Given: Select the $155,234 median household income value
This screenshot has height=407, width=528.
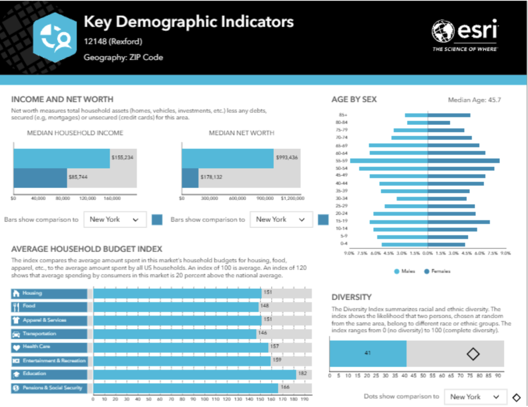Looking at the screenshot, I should click(122, 157).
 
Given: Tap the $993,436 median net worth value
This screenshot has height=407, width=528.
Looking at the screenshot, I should click(287, 157).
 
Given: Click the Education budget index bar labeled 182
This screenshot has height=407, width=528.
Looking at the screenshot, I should click(194, 373).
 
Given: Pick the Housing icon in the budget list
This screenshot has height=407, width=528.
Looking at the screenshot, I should click(16, 293).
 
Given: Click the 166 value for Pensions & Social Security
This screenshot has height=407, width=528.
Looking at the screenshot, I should click(285, 387).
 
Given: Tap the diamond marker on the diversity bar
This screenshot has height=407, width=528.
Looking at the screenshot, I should click(473, 353).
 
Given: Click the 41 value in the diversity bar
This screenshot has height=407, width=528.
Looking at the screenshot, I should click(368, 353).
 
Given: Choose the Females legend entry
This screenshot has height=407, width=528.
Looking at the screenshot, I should click(437, 271).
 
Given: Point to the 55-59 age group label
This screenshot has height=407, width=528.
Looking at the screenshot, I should click(341, 161).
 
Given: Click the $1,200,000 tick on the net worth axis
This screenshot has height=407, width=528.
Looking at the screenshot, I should click(292, 198).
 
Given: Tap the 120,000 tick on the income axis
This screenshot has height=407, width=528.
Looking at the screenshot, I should click(88, 198).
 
